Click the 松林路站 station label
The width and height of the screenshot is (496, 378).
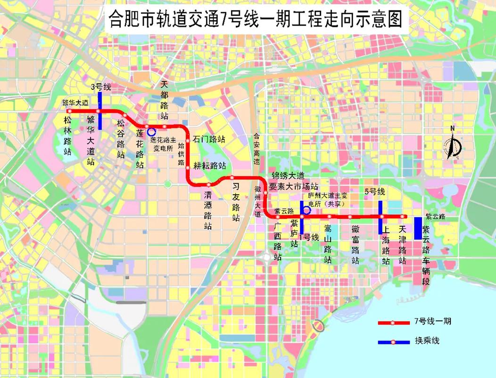[68, 136]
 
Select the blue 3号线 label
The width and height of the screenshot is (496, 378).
[100, 86]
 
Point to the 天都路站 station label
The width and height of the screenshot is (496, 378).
[165, 100]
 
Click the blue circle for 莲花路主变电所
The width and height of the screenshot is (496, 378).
[151, 132]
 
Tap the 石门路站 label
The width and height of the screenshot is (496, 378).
[209, 140]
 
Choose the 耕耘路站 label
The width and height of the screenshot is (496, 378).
[209, 166]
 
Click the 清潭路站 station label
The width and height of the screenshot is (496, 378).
[208, 209]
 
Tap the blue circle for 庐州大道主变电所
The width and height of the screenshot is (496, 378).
[306, 211]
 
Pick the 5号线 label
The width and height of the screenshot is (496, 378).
[375, 192]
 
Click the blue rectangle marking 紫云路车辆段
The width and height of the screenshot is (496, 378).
[418, 228]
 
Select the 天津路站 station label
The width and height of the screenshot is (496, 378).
[402, 244]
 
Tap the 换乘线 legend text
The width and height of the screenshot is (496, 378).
[427, 341]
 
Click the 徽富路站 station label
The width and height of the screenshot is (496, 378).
[355, 244]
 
